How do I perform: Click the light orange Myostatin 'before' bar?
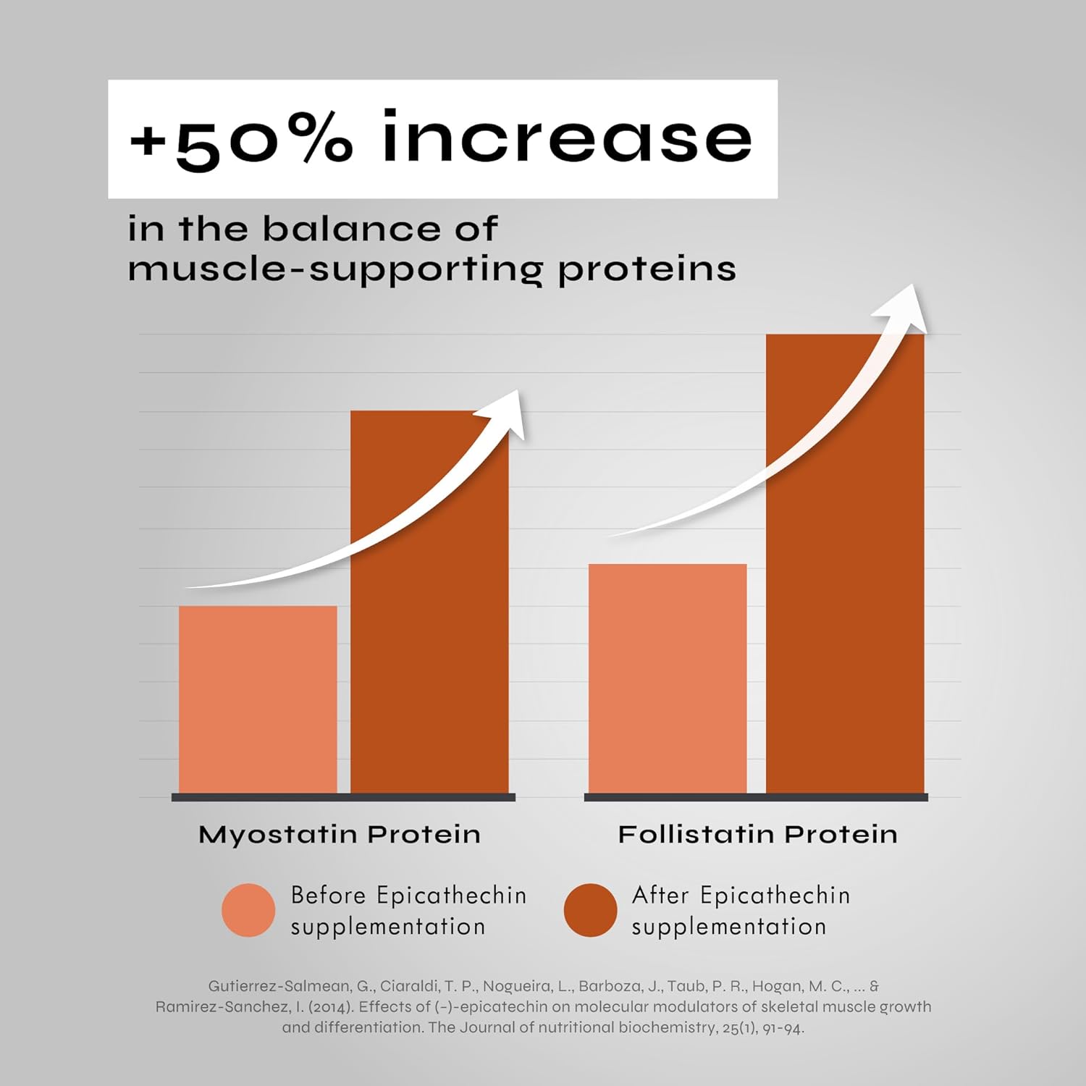[x=258, y=699]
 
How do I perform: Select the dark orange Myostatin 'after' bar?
[x=429, y=602]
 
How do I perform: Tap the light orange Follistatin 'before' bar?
[x=668, y=678]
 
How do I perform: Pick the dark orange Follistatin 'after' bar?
[x=845, y=563]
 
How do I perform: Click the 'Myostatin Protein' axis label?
[x=340, y=835]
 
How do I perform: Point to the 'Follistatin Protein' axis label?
[x=758, y=835]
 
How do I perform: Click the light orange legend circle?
[x=248, y=910]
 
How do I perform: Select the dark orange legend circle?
[x=590, y=910]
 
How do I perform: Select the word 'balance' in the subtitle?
[x=350, y=229]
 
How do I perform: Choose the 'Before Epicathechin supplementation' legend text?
[x=408, y=911]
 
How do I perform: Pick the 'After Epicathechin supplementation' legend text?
[x=741, y=911]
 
